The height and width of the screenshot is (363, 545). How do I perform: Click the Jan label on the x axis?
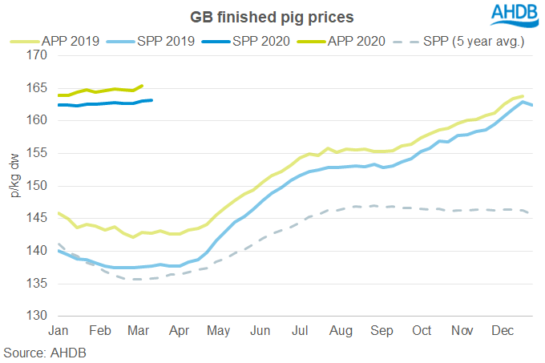(59, 331)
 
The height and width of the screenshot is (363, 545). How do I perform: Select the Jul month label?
(301, 331)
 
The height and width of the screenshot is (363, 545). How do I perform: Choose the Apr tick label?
(179, 331)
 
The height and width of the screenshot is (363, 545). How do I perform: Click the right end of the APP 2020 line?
(143, 86)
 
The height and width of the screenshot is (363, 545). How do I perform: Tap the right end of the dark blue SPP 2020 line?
(152, 100)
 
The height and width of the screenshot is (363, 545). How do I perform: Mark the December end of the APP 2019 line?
(523, 96)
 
